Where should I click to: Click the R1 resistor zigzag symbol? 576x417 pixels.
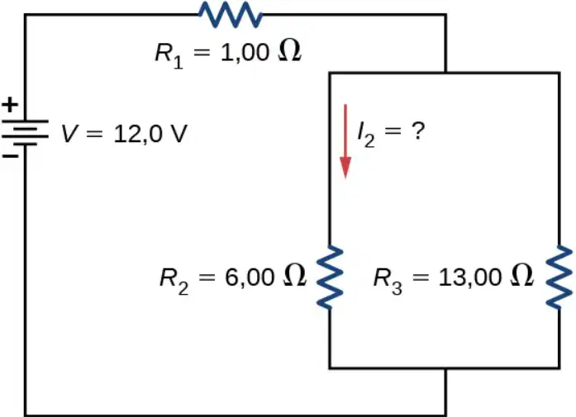231,15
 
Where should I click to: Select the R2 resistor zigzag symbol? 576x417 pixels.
331,277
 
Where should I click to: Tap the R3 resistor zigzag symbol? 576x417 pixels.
559,277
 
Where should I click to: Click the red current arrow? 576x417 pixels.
345,141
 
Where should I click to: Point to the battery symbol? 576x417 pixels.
25,133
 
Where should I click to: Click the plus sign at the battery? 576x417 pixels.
10,105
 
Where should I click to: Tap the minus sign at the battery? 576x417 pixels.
10,156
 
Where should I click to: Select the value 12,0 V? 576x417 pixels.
150,134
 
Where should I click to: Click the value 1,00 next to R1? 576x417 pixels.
245,53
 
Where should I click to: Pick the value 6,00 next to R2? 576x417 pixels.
250,277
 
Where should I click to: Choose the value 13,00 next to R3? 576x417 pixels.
470,277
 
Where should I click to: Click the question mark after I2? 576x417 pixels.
418,130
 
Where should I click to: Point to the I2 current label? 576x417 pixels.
366,135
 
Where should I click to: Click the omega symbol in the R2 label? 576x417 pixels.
295,275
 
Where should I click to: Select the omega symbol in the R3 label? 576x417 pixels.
521,275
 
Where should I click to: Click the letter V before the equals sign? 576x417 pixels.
69,133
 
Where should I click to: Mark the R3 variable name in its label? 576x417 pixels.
388,282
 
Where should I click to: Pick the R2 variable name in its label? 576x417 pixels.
174,282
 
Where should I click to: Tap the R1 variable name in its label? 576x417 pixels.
169,56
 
